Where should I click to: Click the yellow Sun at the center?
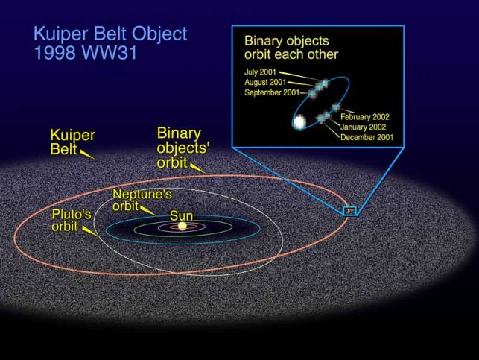183,226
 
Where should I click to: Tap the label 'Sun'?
182,215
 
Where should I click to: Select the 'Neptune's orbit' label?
142,200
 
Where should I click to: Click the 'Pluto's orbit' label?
72,220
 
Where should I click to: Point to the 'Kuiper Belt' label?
72,142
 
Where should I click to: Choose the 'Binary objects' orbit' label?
183,148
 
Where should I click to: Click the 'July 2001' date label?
260,72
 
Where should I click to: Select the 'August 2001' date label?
265,83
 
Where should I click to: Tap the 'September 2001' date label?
272,92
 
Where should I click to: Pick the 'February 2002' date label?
365,117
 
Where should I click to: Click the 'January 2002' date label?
364,127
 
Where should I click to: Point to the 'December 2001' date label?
367,137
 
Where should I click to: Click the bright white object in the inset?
299,122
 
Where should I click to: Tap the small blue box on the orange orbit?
350,211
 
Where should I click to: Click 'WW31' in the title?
110,53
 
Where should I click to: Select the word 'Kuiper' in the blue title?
61,34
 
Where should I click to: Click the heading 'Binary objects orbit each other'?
291,48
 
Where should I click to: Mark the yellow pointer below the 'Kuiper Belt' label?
87,154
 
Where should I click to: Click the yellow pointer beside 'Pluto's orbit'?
90,230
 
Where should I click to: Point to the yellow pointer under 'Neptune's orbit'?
147,210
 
